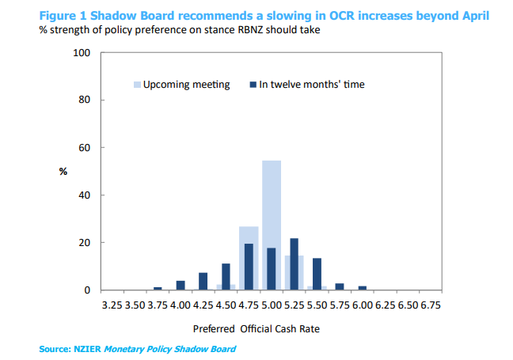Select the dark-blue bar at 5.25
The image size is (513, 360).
pos(294,264)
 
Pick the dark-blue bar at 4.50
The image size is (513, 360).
pos(226,277)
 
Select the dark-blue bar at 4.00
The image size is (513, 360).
pos(180,286)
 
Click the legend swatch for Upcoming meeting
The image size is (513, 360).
pos(137,85)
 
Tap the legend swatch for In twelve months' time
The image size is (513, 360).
pos(253,85)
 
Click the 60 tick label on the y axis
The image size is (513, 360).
pos(85,148)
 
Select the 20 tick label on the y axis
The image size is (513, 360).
pos(85,243)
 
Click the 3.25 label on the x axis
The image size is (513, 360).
pos(113,304)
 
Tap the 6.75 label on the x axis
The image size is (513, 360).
pos(429,304)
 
